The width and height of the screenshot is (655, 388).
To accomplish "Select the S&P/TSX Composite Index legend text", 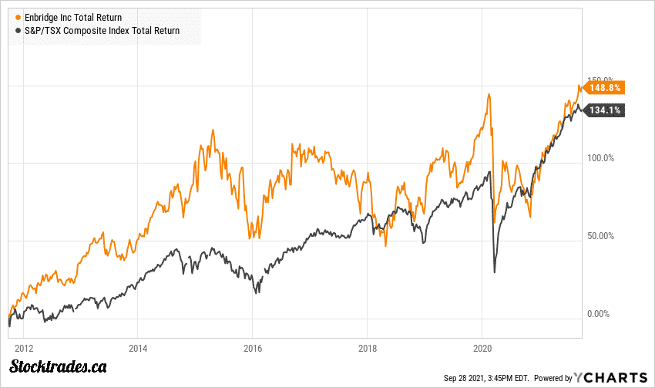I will click(97, 31).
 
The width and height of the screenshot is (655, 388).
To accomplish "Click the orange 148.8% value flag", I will click(605, 88).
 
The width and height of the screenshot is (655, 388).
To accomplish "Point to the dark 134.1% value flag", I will click(605, 110).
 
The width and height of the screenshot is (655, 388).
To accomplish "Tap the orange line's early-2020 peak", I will click(489, 95).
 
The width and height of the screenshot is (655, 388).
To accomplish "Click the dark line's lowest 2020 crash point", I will click(494, 272).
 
